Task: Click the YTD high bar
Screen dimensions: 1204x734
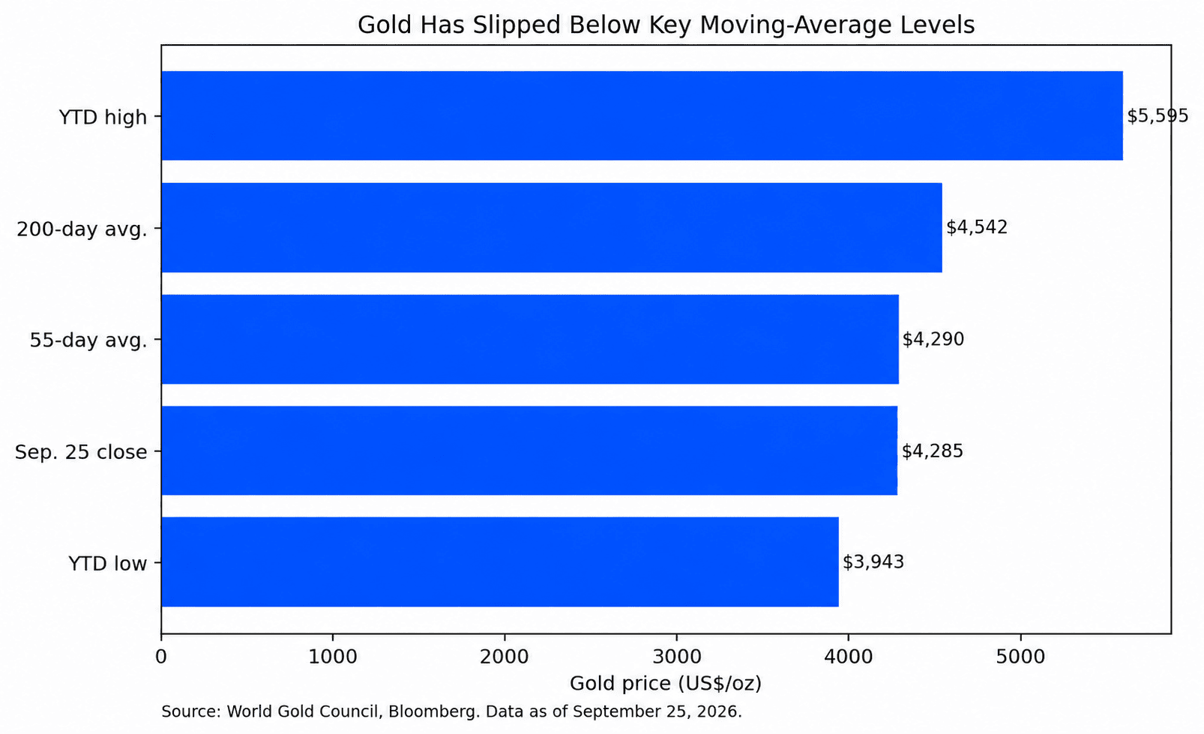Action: (x=642, y=115)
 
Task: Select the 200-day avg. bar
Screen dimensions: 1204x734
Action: (x=552, y=227)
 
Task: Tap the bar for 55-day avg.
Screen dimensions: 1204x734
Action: (x=530, y=340)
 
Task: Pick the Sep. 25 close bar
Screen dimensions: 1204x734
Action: (x=529, y=451)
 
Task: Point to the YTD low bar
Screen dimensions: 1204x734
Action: (x=500, y=562)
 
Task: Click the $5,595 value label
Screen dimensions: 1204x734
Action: (x=1158, y=116)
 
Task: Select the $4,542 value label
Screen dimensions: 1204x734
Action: (x=977, y=227)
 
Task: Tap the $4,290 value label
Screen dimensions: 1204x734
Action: (x=933, y=340)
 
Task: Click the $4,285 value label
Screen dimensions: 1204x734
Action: (x=932, y=451)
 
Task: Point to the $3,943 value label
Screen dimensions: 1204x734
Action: (x=873, y=562)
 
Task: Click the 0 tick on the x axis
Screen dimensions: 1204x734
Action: (x=160, y=657)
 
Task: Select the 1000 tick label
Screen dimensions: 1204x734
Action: (x=333, y=657)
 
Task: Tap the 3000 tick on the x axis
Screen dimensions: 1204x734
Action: (x=676, y=657)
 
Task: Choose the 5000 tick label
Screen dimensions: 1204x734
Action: (x=1020, y=657)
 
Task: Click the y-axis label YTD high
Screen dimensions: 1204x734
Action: (x=103, y=117)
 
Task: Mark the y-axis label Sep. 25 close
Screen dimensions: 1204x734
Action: (x=81, y=452)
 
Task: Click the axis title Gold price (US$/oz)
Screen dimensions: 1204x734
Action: (x=666, y=684)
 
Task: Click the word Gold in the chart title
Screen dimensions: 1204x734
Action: (x=385, y=25)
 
